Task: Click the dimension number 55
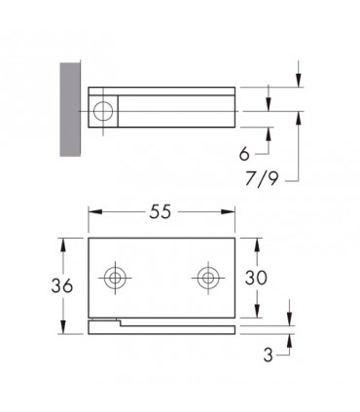[x=160, y=212]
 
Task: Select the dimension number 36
[x=62, y=286]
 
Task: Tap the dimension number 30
[x=256, y=278]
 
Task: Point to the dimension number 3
[x=269, y=356]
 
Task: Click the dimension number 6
[x=244, y=154]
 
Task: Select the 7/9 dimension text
[x=262, y=178]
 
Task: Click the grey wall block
[x=70, y=109]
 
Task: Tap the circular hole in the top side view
[x=103, y=111]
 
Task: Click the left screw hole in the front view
[x=115, y=278]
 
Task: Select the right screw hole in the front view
[x=208, y=278]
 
